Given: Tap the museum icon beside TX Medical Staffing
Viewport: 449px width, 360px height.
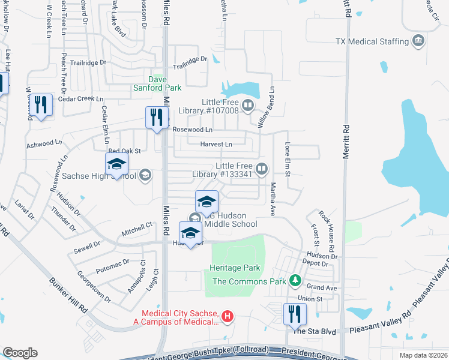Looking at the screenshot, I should (418, 41).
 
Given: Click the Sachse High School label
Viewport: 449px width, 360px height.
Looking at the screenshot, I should (98, 176).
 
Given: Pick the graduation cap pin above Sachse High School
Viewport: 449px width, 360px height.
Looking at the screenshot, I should (116, 164).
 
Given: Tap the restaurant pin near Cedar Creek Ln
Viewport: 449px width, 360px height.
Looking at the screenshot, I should (41, 104).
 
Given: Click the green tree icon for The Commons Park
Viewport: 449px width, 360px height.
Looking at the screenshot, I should (295, 280).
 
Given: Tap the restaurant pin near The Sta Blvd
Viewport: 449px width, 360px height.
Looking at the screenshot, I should (295, 313).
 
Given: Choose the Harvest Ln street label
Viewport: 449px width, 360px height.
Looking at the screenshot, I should (216, 144).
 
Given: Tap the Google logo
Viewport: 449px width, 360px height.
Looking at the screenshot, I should (20, 353).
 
